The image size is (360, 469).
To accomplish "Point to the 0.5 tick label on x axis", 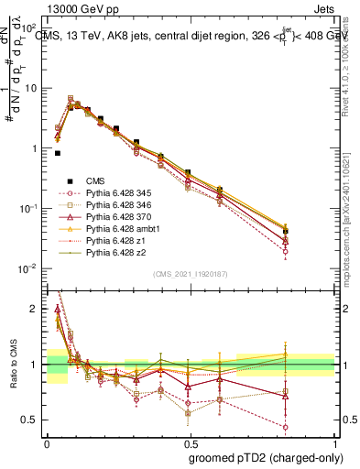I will tap(190, 442).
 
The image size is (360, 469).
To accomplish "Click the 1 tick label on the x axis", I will tap(333, 442).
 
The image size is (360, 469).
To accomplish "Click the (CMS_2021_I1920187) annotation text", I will tap(191, 273).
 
